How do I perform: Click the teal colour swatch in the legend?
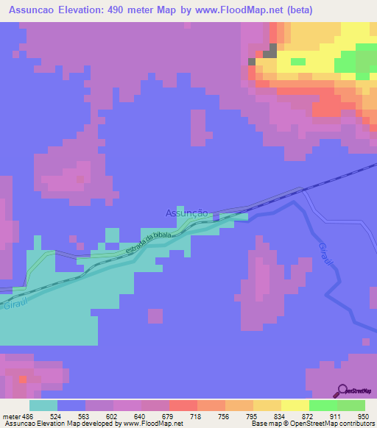[43, 405]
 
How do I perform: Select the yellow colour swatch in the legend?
[295, 405]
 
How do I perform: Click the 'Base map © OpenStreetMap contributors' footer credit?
[312, 424]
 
